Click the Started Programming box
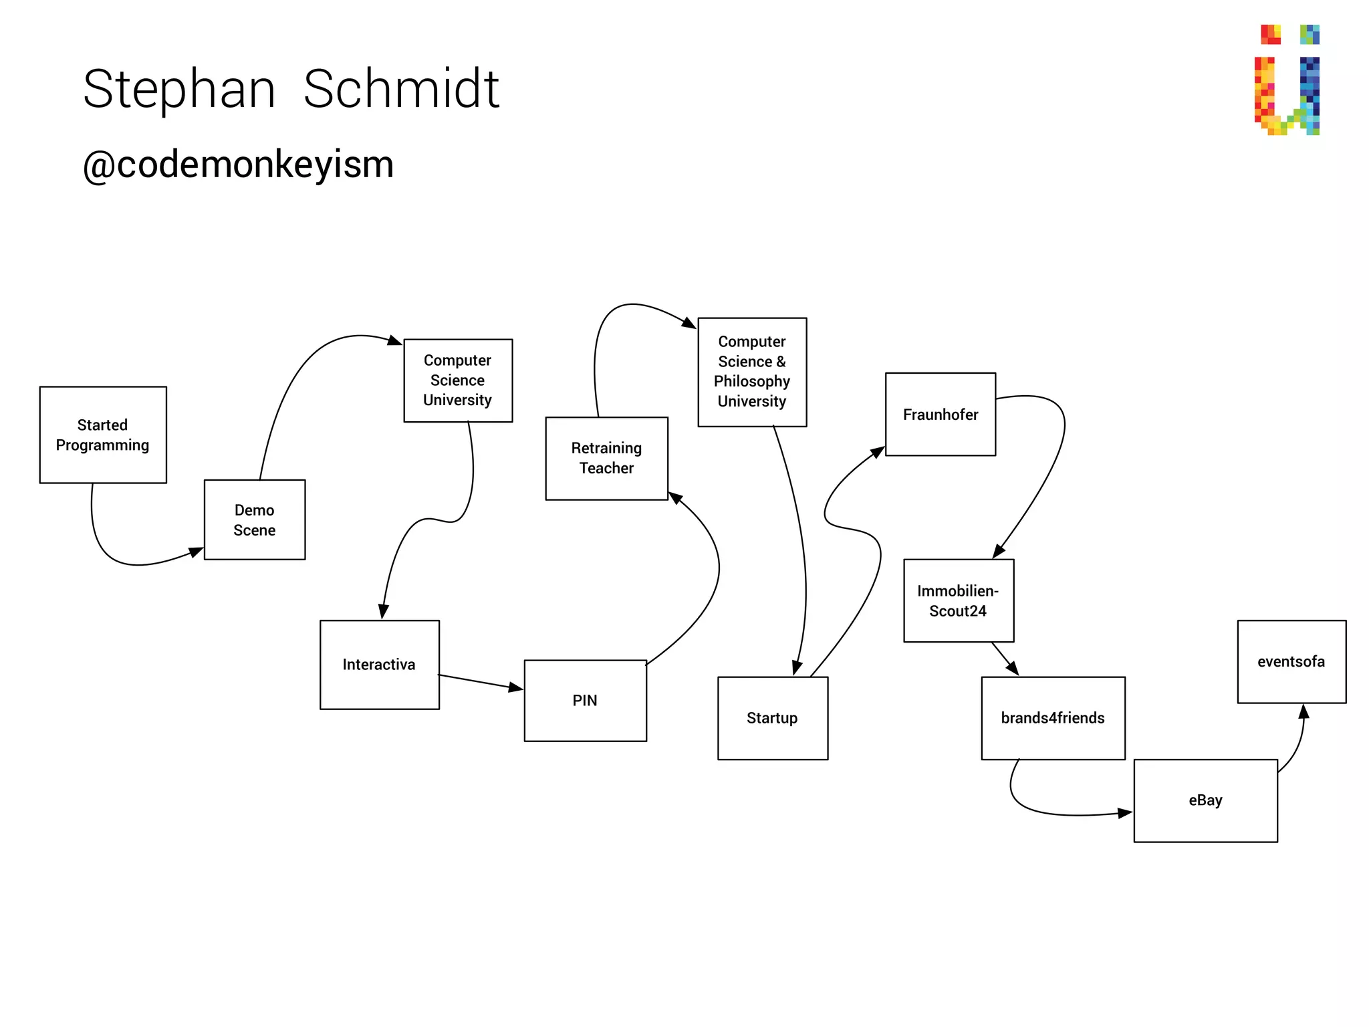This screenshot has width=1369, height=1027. (x=103, y=435)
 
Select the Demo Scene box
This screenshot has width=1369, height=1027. (x=255, y=520)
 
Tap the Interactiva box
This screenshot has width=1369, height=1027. (x=379, y=665)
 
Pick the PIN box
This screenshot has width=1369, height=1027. (x=585, y=701)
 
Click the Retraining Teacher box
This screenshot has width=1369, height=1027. (x=606, y=458)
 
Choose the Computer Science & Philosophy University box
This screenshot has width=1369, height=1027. (x=752, y=372)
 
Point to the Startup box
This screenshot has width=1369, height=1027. (x=772, y=718)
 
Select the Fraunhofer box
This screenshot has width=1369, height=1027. (x=940, y=415)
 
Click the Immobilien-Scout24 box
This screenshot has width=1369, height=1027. (x=958, y=600)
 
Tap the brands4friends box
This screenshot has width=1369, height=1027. (x=1053, y=718)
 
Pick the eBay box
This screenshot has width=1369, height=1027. (x=1205, y=800)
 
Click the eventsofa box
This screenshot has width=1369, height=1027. (x=1291, y=662)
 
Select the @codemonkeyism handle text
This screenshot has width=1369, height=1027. (x=239, y=164)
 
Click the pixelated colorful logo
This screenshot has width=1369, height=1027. (x=1287, y=80)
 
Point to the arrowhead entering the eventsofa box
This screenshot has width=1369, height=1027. (x=1303, y=711)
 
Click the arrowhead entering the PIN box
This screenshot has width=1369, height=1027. (x=515, y=687)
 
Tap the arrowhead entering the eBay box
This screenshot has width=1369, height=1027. (x=1125, y=813)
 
